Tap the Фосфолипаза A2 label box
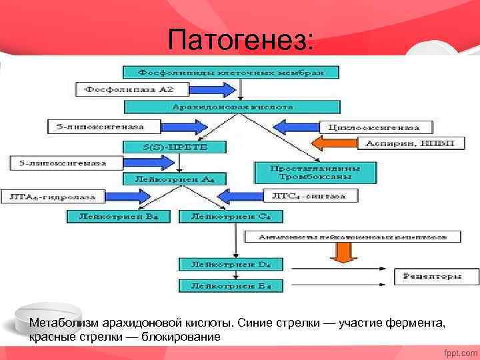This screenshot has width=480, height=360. point(133,89)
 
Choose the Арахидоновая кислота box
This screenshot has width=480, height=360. point(233,107)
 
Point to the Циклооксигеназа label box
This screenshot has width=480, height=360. point(377,126)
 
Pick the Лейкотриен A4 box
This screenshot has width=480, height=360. point(175,179)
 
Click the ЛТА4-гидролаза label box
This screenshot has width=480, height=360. point(51,197)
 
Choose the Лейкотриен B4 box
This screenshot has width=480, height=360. point(119,216)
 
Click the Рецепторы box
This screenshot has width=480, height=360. point(437,275)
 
